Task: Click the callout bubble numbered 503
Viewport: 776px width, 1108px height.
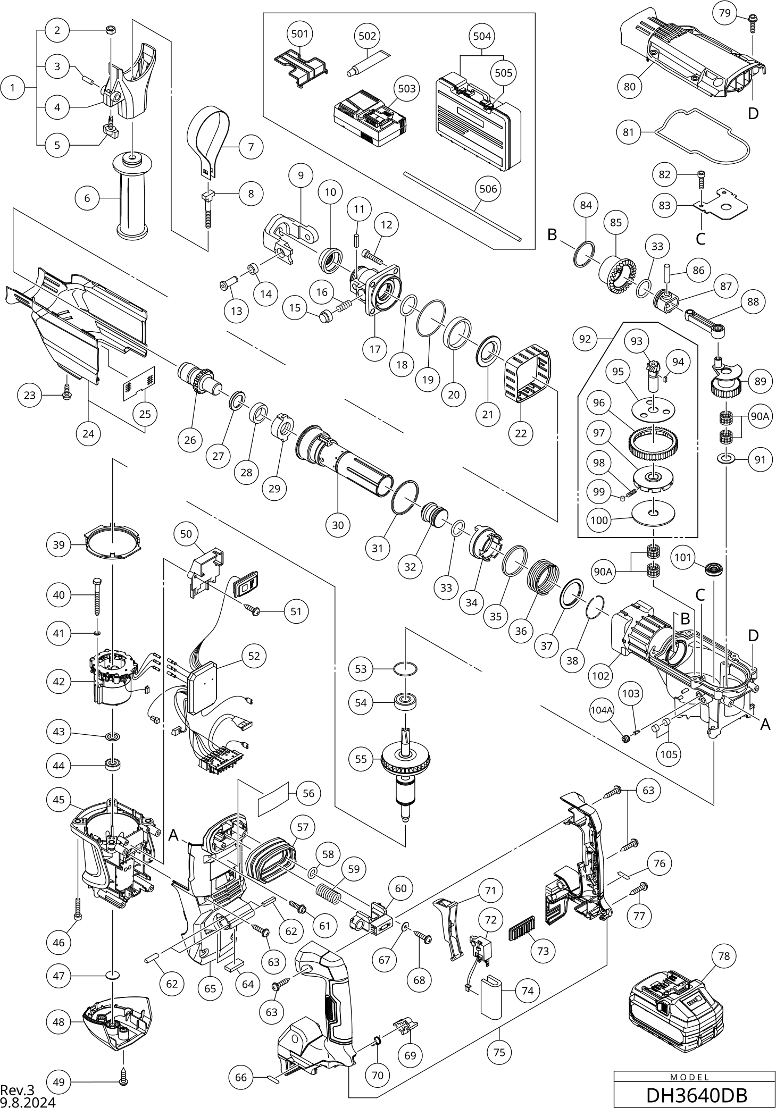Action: (x=406, y=88)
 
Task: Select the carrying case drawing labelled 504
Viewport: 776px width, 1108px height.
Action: (x=477, y=122)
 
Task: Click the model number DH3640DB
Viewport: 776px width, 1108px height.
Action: (x=696, y=1095)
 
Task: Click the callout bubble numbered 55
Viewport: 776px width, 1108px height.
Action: (x=361, y=759)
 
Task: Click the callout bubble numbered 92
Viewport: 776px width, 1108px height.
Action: (x=585, y=339)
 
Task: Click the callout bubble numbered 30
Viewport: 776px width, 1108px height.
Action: (x=338, y=525)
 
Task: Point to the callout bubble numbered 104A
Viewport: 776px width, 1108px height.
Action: (x=602, y=709)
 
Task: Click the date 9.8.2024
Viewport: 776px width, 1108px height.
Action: (x=28, y=1102)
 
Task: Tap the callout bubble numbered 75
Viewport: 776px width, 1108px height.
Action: (x=499, y=1052)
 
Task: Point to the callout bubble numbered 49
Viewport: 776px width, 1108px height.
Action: (x=59, y=1082)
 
